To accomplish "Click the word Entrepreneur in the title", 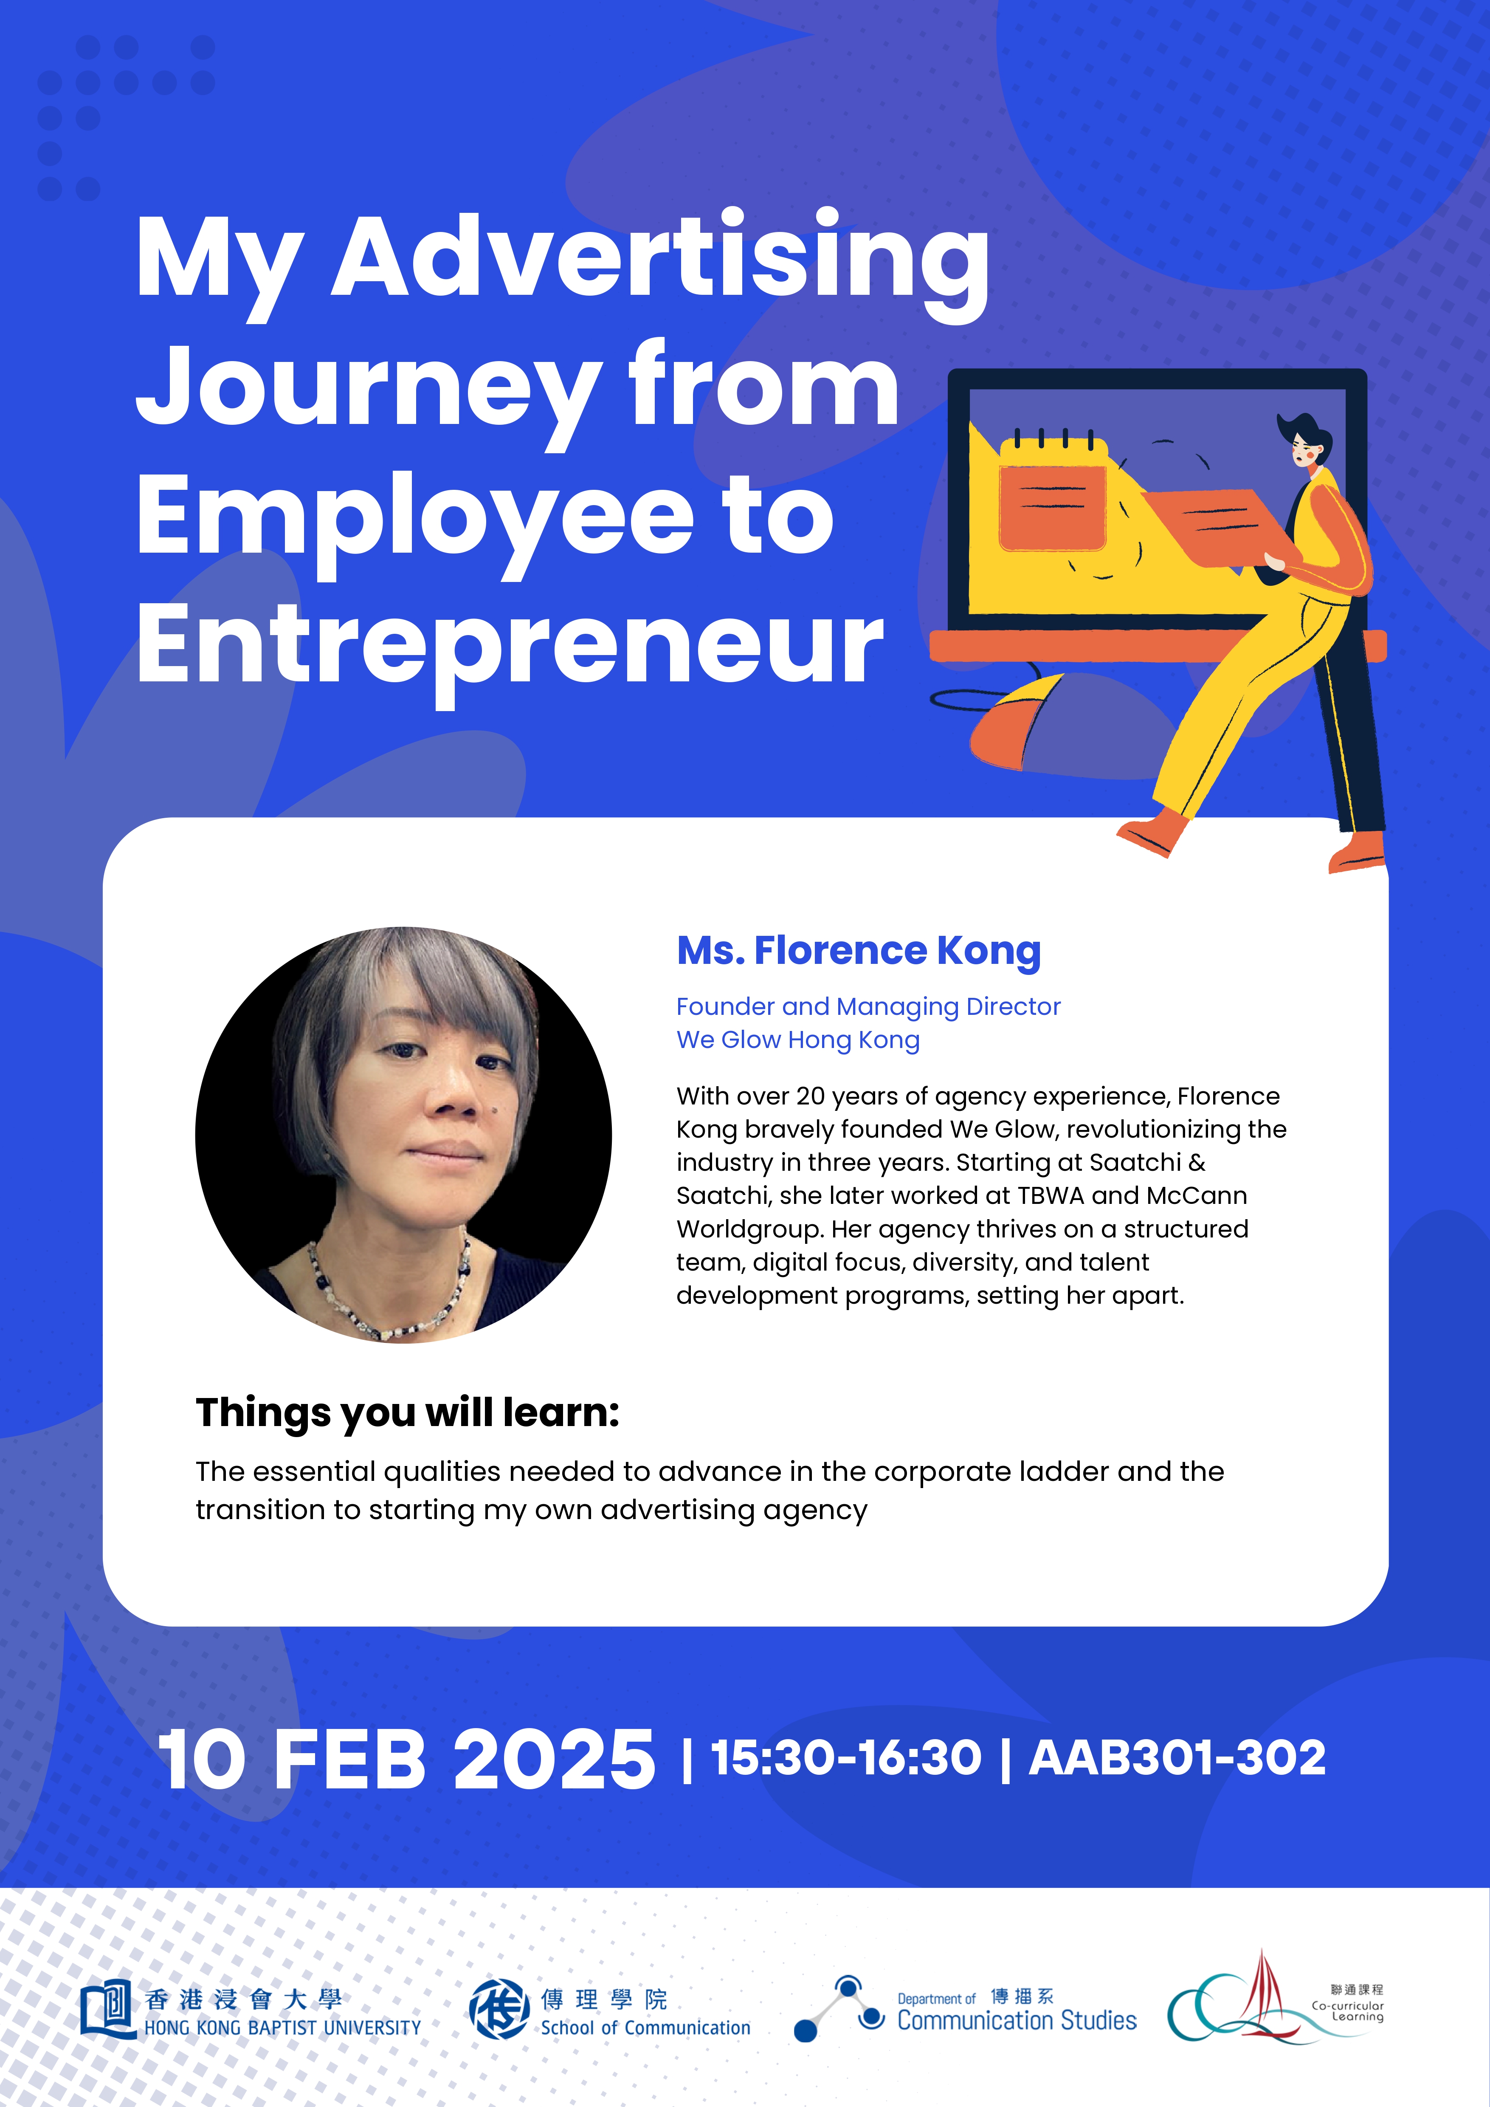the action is pos(509,645).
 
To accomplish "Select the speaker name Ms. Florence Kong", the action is pos(859,951).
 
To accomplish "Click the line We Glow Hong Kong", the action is pos(798,1040).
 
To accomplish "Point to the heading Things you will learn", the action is pos(407,1412).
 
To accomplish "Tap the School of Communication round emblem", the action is pos(499,2008).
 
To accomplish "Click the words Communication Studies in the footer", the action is pos(1017,2020).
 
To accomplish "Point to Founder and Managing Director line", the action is pos(868,1007).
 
